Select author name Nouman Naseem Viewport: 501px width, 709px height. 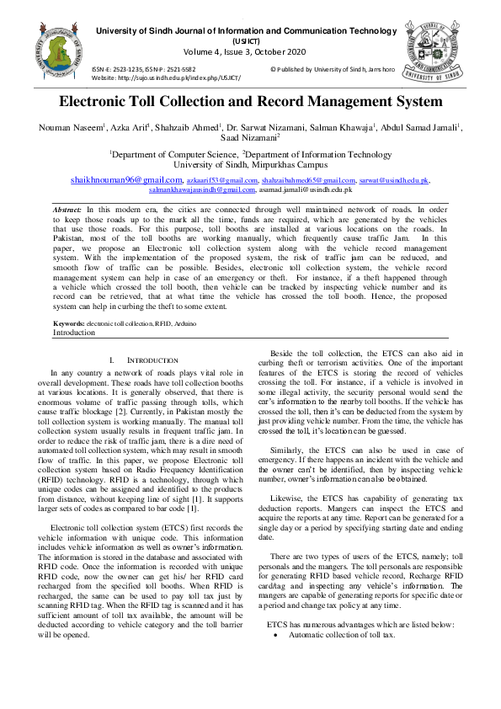(70, 127)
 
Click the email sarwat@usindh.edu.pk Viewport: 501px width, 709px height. (394, 181)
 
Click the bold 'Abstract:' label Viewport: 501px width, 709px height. (67, 208)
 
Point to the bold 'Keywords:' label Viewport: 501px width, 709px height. (69, 323)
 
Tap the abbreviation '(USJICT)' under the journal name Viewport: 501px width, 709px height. (247, 41)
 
